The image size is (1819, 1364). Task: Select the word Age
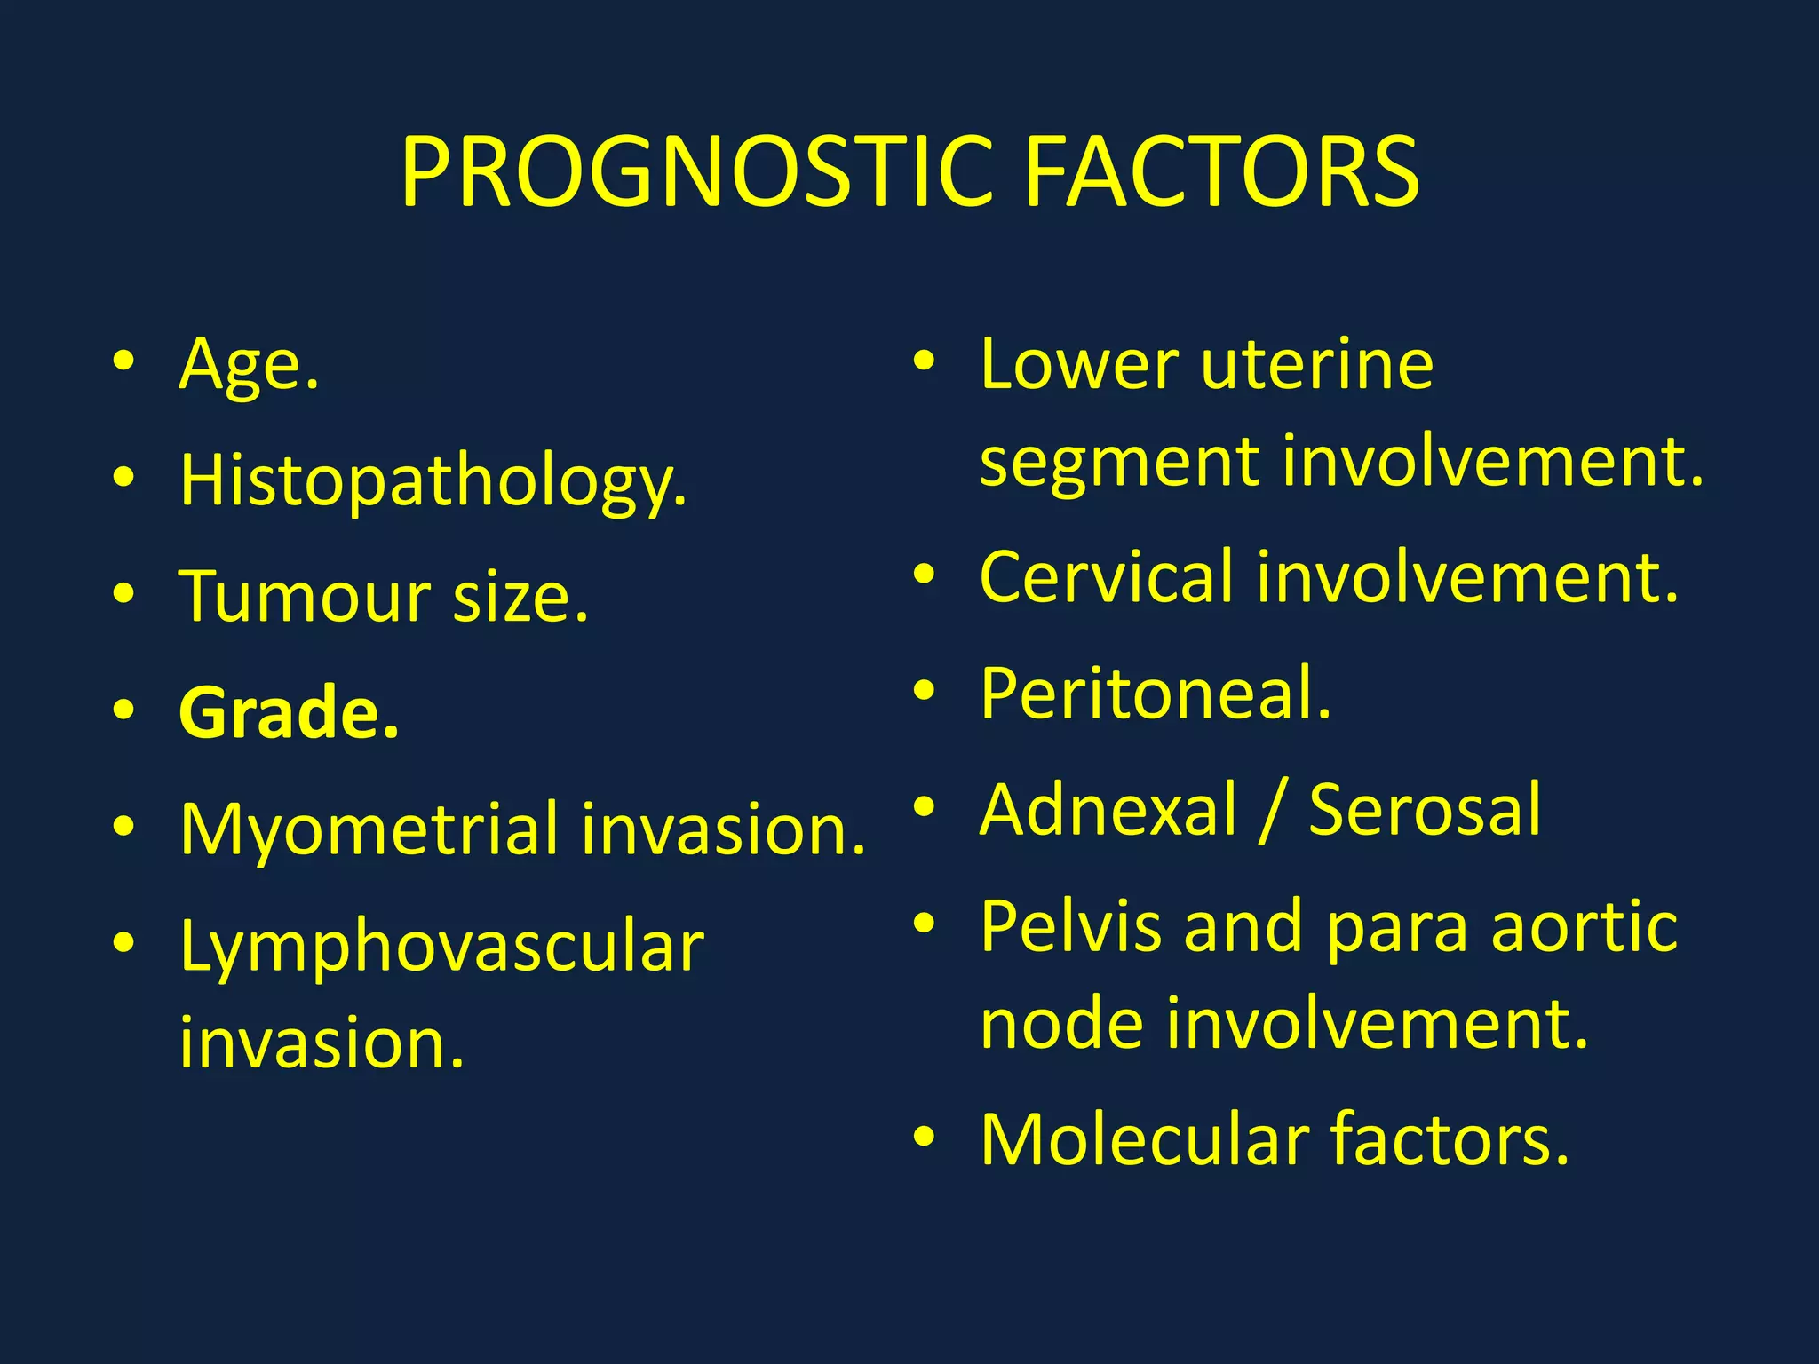[x=249, y=364]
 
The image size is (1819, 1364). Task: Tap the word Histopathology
[x=433, y=480]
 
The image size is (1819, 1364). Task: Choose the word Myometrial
[x=369, y=829]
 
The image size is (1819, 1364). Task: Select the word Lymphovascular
[x=441, y=947]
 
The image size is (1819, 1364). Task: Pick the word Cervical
[x=1107, y=577]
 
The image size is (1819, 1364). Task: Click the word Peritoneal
[x=1156, y=694]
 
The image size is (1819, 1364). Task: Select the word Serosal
[x=1425, y=810]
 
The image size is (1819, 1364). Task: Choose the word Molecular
[x=1145, y=1139]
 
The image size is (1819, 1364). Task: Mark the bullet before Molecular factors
[x=925, y=1136]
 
